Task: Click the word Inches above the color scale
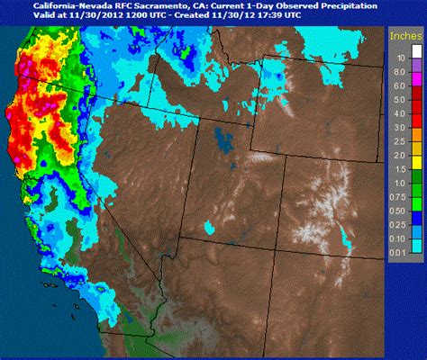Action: click(404, 36)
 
